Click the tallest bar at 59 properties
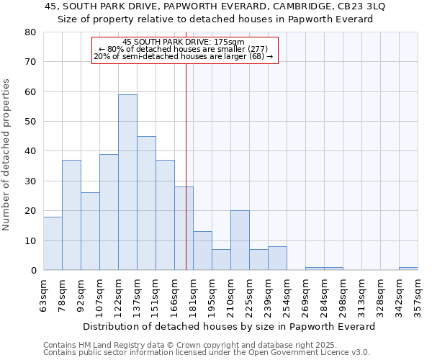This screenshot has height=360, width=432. coord(127,182)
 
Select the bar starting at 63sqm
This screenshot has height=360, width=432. coord(53,243)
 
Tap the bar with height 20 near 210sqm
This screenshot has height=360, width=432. coord(240,240)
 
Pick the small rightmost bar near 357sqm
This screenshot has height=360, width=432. coord(408,269)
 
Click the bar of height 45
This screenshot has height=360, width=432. coord(146,203)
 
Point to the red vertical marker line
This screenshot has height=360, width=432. coord(186,166)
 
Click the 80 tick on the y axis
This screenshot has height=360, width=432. coord(31,32)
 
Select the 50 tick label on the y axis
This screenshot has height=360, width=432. coord(31,122)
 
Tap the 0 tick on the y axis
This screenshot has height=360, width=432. coord(34,271)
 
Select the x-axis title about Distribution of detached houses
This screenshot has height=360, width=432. coord(229,326)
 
